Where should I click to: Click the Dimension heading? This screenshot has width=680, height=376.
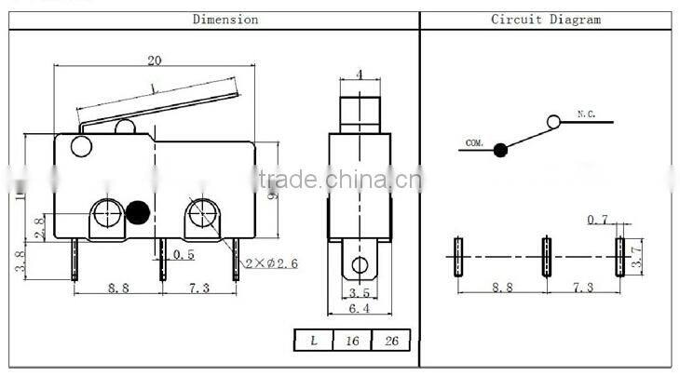(224, 19)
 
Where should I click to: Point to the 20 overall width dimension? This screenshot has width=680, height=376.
(154, 60)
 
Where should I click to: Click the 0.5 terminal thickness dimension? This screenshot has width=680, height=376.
(183, 254)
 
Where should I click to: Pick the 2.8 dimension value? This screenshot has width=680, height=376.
(36, 228)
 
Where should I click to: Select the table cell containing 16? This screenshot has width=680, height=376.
(352, 342)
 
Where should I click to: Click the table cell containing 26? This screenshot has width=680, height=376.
(391, 342)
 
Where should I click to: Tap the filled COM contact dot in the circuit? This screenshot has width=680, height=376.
(500, 149)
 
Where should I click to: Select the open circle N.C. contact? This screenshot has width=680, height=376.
(553, 121)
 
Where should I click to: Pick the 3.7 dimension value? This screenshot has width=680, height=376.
(636, 250)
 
